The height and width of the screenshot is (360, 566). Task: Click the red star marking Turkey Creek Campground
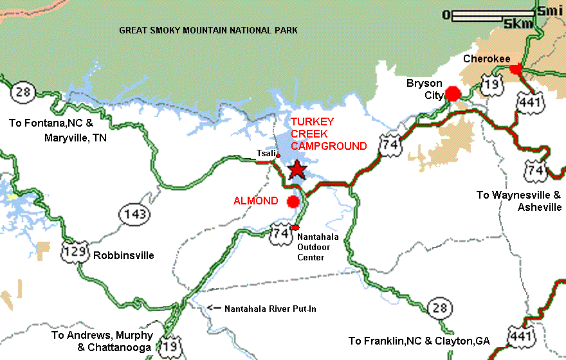point(297,169)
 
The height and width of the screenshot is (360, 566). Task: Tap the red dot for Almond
point(293,202)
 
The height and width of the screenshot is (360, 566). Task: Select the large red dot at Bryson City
point(453,94)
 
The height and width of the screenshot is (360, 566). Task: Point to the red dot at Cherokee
point(515,69)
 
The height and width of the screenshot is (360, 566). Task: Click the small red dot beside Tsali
point(278,156)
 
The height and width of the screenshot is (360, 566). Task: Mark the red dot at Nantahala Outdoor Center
point(295,228)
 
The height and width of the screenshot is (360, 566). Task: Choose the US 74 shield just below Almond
point(280,232)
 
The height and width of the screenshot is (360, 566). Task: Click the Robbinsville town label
point(124,255)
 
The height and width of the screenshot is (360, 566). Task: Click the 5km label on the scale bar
point(518,24)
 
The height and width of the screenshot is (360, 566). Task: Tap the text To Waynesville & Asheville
point(519,201)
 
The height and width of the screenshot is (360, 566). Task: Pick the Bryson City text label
point(424,89)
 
